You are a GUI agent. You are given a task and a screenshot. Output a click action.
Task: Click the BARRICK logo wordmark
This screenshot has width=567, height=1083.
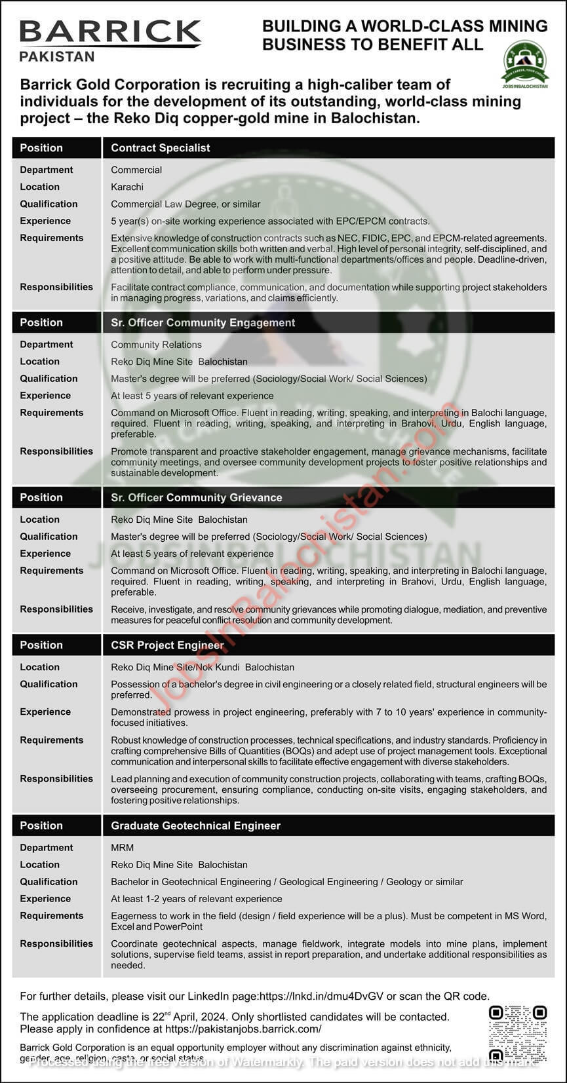pos(110,32)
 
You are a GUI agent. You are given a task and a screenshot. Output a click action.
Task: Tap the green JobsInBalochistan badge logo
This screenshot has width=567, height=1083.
pos(524,64)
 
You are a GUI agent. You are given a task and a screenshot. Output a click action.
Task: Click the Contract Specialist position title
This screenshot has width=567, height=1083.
pos(161,148)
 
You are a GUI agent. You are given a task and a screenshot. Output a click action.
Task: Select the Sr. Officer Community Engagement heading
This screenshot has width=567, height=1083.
pos(203,322)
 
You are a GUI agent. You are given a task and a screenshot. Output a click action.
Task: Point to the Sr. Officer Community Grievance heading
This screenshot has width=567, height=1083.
pos(197,497)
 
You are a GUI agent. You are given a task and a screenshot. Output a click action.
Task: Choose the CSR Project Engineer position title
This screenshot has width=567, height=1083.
pos(168,645)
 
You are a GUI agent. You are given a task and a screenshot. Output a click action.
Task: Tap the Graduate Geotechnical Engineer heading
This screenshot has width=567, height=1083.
pos(195,826)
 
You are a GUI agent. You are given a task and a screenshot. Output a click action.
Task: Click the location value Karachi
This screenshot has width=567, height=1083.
pos(127,187)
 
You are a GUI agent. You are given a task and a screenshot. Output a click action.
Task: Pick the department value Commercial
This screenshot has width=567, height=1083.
pos(136,170)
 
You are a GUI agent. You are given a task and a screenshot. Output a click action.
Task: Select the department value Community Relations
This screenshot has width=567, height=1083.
pos(156,345)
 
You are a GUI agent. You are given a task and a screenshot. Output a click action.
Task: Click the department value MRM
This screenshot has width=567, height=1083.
pos(122,848)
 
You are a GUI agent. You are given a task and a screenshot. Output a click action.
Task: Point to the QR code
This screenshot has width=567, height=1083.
pos(517,1033)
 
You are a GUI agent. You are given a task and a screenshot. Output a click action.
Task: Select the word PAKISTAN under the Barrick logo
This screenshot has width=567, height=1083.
pos(57,56)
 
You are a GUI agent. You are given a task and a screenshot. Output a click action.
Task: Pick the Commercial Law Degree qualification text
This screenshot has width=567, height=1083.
pos(186,204)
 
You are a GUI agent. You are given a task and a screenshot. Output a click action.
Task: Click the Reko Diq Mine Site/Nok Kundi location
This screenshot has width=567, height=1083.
pos(203,667)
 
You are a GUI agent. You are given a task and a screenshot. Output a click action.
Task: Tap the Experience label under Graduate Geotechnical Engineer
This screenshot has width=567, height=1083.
pos(45,899)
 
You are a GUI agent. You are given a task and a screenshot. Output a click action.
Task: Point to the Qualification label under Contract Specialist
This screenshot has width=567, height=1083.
pos(49,204)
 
